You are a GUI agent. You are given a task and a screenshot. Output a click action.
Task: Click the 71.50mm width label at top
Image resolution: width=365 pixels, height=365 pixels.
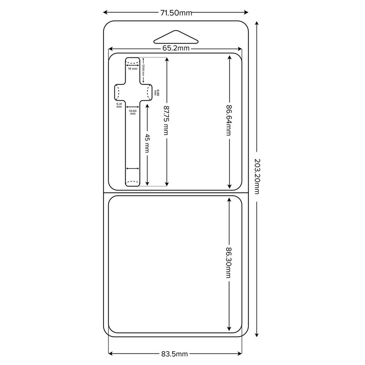tap(176, 13)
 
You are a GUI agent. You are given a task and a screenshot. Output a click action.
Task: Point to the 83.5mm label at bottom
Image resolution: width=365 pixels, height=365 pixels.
tap(174, 354)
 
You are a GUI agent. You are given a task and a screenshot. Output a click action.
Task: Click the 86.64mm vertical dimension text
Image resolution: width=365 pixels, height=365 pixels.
tap(228, 120)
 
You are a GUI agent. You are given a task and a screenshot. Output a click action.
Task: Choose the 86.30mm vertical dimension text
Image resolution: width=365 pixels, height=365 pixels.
tap(228, 263)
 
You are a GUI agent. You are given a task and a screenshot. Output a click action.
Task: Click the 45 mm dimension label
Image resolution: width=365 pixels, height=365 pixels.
tap(147, 143)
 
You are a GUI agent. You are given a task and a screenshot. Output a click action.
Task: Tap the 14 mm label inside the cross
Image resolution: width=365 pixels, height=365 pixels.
tap(132, 68)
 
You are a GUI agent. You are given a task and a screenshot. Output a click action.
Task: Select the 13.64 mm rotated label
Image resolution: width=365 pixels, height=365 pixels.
tap(143, 70)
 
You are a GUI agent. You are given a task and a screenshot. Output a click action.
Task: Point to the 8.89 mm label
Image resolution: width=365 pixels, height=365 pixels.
tap(156, 92)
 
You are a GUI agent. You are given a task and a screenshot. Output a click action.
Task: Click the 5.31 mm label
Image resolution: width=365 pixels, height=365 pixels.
tap(119, 105)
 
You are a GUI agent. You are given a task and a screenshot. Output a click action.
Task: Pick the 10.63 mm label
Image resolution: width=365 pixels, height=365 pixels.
tap(133, 112)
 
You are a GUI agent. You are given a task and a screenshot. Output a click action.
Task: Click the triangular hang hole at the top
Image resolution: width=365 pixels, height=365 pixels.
tap(176, 37)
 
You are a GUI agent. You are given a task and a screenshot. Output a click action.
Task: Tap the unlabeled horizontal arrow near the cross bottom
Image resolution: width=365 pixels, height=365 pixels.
tap(132, 169)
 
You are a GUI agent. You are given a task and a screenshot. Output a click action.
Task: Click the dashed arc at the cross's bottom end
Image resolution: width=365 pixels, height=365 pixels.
tap(132, 182)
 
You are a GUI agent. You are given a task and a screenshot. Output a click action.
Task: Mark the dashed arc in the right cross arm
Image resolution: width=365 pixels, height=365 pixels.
tap(148, 92)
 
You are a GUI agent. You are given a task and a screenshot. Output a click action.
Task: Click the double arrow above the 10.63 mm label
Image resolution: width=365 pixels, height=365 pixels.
tap(133, 107)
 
